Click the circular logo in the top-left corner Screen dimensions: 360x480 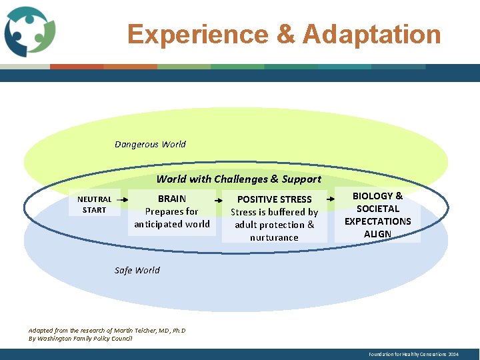[30, 31]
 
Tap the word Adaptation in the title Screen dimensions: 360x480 [371, 34]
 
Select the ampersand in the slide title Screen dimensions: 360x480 [285, 34]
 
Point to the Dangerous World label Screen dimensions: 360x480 [150, 144]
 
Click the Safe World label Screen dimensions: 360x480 [137, 270]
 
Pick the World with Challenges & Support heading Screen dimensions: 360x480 [239, 179]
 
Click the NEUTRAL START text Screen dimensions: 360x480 [94, 204]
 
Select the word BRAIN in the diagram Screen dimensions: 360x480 [172, 199]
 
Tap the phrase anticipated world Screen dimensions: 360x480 [172, 224]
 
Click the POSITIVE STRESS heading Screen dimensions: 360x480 [274, 199]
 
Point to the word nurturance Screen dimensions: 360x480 [274, 237]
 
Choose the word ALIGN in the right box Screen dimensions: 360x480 [377, 234]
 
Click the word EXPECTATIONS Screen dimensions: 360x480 [377, 221]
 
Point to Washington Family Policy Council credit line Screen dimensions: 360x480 [80, 339]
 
